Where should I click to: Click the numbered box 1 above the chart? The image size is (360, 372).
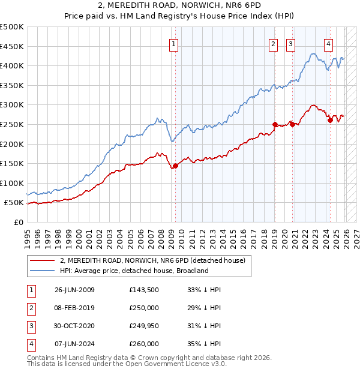tap(173, 43)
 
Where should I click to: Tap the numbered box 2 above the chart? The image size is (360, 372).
tap(273, 43)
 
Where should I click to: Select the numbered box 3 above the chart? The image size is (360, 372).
tap(290, 43)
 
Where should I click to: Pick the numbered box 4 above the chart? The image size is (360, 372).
tap(329, 43)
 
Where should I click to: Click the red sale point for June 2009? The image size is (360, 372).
tap(175, 166)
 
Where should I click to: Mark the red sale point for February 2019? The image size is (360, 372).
tap(275, 124)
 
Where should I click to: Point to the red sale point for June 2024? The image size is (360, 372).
tap(330, 120)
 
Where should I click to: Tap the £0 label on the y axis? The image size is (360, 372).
tap(18, 222)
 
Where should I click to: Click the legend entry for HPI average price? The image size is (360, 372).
tap(134, 271)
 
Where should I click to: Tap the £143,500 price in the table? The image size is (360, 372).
tap(144, 290)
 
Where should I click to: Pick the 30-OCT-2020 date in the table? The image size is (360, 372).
tap(74, 326)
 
